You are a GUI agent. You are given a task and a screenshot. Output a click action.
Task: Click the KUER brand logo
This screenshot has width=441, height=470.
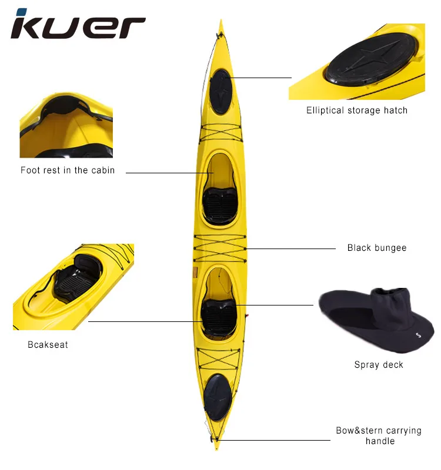pyautogui.click(x=78, y=25)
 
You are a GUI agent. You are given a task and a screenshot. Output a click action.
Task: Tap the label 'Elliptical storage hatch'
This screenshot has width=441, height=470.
pyautogui.click(x=356, y=110)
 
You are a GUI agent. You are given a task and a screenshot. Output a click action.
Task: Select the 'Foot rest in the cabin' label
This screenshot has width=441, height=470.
pyautogui.click(x=68, y=170)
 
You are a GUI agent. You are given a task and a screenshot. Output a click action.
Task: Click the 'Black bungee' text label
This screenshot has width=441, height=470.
pyautogui.click(x=376, y=248)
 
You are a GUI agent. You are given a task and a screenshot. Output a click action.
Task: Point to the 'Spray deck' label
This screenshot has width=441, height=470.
pyautogui.click(x=379, y=365)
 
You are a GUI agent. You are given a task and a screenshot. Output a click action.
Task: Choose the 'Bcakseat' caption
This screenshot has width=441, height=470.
pyautogui.click(x=48, y=344)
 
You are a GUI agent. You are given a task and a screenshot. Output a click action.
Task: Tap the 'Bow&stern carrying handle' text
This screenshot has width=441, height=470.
pyautogui.click(x=379, y=435)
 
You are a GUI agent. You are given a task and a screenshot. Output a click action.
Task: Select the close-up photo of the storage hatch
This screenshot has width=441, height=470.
pyautogui.click(x=356, y=62)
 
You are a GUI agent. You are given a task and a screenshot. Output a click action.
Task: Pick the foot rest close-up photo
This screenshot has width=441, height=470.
pyautogui.click(x=66, y=125)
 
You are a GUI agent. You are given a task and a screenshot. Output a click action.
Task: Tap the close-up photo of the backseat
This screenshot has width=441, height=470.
pyautogui.click(x=73, y=286)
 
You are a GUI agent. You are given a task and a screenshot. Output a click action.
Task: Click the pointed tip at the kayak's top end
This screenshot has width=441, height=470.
pyautogui.click(x=221, y=25)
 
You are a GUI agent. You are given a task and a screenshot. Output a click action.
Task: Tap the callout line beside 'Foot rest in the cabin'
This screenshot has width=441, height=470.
pyautogui.click(x=168, y=173)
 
